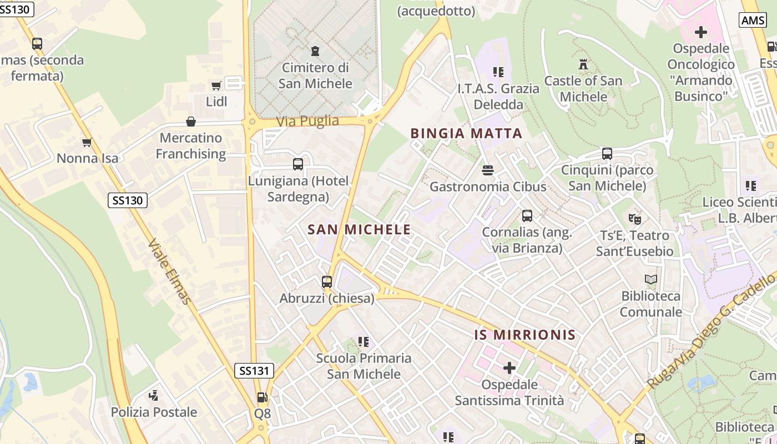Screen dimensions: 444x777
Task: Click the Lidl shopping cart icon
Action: pos(216,85)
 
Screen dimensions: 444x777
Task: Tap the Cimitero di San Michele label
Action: pos(315,75)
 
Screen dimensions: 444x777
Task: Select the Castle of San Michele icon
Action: pos(583,64)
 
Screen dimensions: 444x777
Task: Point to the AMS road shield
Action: pos(753,20)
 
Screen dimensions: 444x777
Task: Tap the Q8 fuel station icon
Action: pos(261,397)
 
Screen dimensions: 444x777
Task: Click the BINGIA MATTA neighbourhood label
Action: pos(466,133)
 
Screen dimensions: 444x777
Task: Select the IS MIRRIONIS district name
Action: pos(525,335)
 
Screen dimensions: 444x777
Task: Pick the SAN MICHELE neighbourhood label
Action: pos(359,229)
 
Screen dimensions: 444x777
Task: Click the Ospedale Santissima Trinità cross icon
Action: pos(509,367)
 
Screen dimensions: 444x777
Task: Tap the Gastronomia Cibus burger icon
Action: pos(488,170)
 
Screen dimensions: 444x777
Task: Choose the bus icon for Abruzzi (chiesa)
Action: pos(326,281)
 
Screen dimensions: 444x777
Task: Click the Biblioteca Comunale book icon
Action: pos(650,280)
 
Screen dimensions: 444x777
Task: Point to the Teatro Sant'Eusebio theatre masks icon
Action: pos(634,219)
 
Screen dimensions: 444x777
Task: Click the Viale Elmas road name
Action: pos(170,272)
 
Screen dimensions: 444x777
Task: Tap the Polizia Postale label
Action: pos(154,412)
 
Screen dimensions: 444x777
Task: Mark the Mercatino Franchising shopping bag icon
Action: pos(191,121)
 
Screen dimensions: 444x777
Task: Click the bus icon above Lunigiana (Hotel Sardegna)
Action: pos(298,164)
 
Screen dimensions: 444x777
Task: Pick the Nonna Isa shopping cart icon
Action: pos(87,143)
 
